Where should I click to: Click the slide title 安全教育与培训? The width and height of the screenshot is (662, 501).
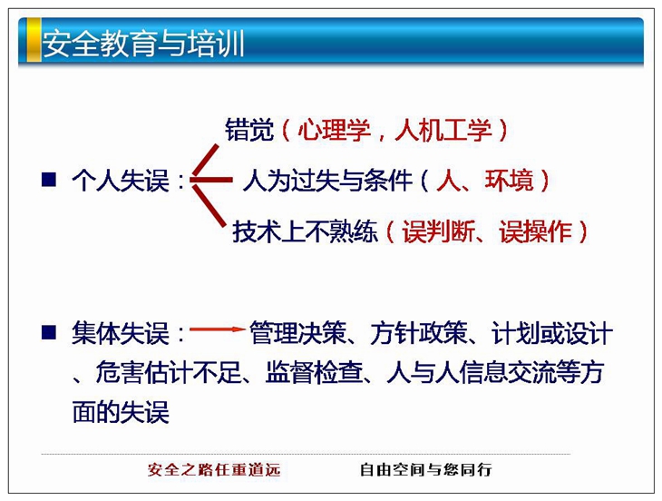(x=142, y=43)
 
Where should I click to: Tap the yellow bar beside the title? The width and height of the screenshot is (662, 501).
(x=34, y=40)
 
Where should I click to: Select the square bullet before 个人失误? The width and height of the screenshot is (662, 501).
(x=49, y=180)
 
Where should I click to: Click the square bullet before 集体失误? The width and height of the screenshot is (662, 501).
(x=49, y=332)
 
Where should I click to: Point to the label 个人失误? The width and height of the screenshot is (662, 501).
(x=121, y=181)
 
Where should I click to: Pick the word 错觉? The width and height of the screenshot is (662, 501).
(x=249, y=130)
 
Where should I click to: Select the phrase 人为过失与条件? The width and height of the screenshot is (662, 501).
(x=327, y=181)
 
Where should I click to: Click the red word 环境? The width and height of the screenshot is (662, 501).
(x=509, y=181)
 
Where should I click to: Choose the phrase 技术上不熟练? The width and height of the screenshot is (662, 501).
(x=305, y=231)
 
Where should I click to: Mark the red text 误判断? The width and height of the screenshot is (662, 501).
(x=438, y=231)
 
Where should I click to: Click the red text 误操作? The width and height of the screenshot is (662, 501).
(x=535, y=231)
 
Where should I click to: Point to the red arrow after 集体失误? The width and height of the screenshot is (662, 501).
(x=217, y=329)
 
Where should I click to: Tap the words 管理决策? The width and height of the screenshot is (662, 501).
(x=297, y=333)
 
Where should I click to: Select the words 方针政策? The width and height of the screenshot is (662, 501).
(x=419, y=333)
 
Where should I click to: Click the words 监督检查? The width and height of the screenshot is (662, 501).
(x=314, y=372)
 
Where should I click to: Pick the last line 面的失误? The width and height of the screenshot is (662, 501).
(x=121, y=411)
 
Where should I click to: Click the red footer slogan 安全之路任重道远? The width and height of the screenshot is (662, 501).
(x=214, y=469)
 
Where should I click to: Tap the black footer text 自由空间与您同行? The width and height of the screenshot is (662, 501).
(x=426, y=469)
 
